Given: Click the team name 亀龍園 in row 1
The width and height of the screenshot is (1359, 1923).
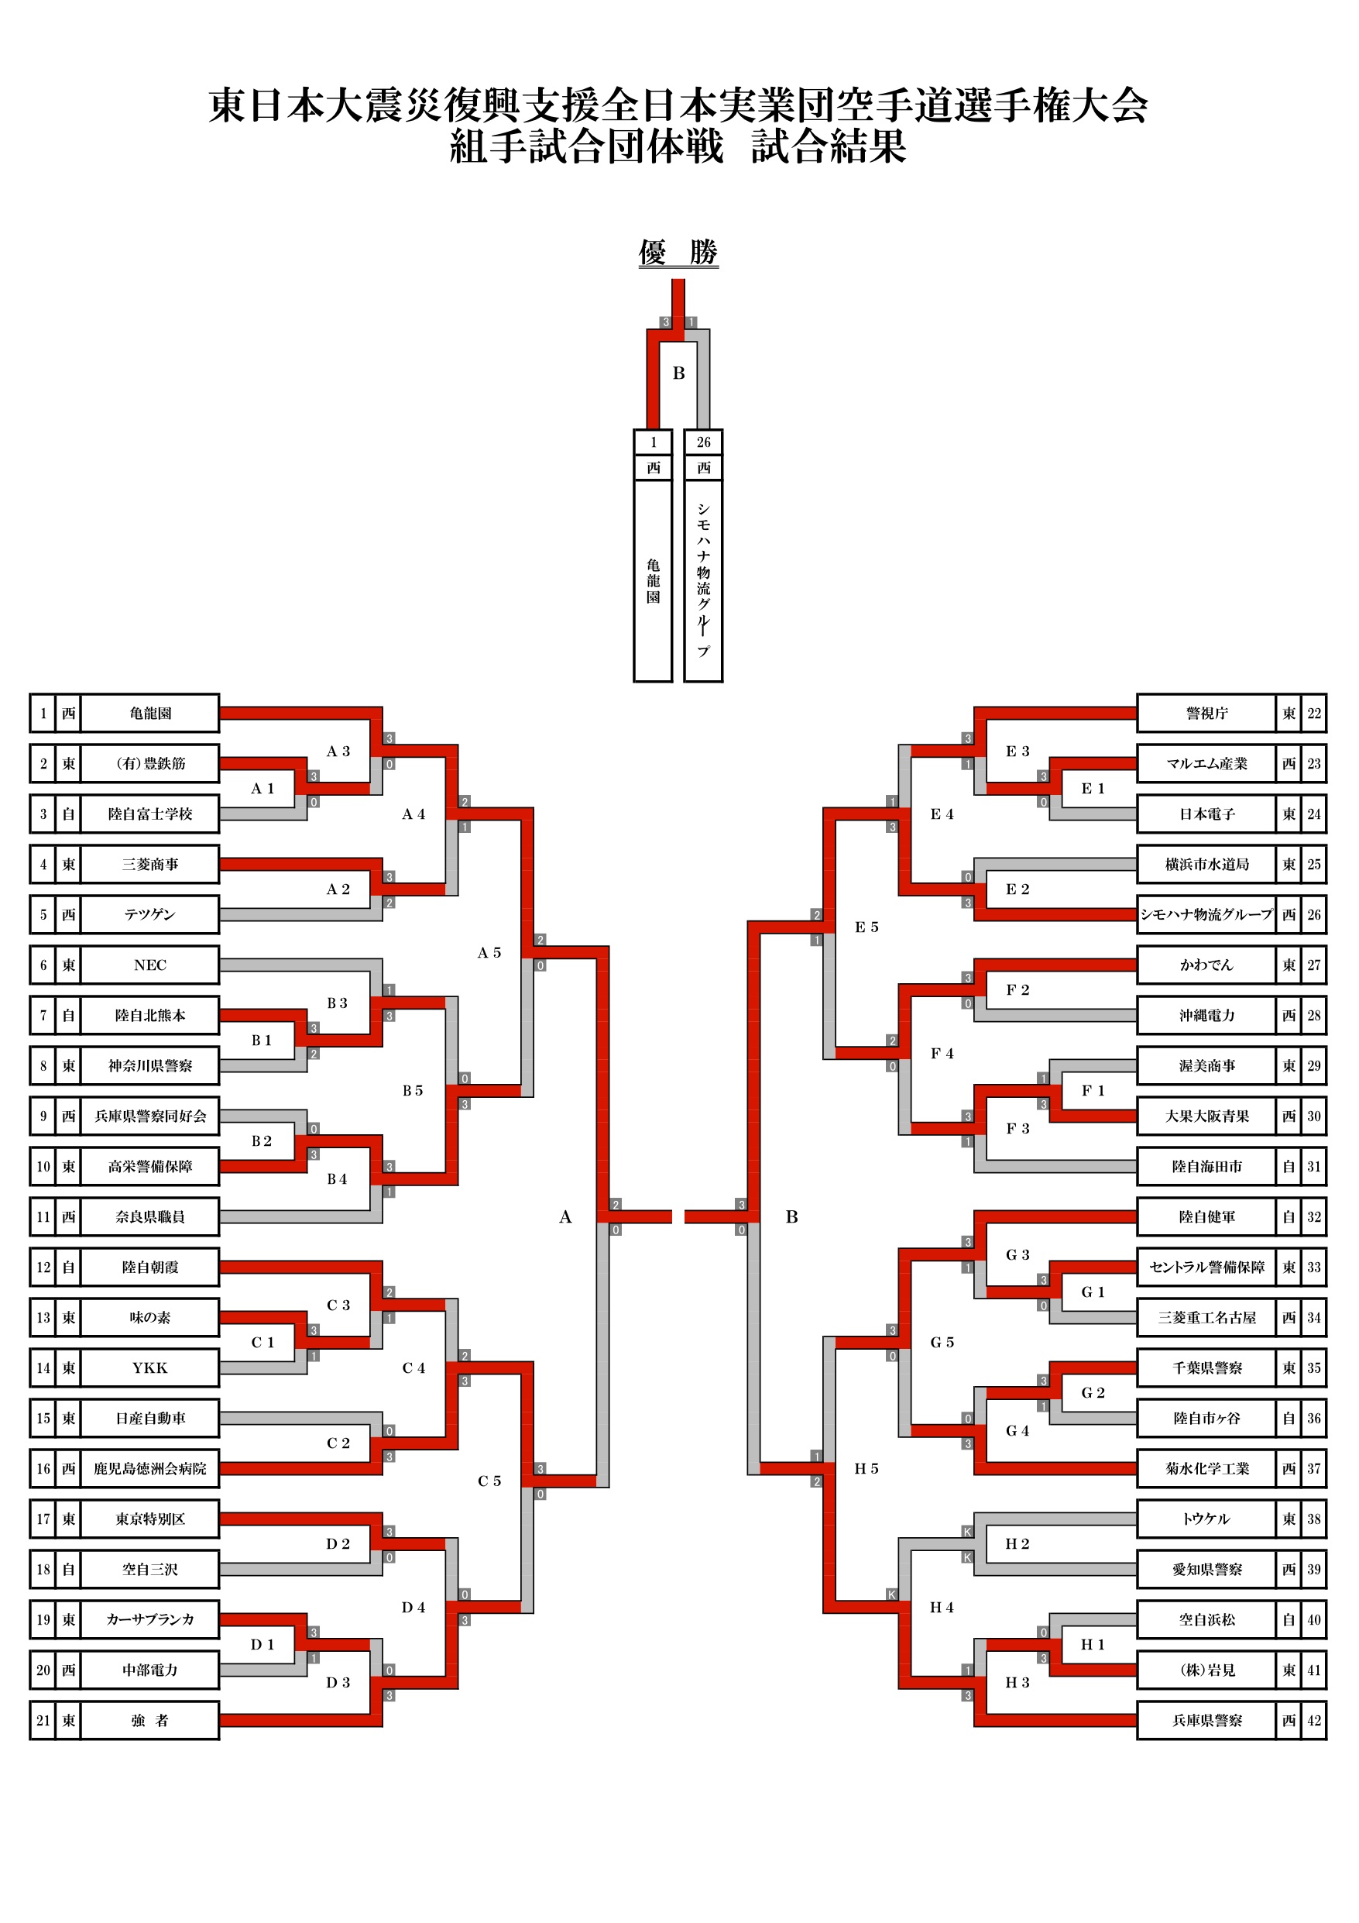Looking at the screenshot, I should [x=150, y=713].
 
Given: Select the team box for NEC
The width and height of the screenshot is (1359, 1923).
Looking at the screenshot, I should [x=150, y=965].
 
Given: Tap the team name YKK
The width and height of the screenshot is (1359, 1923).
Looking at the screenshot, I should [x=150, y=1367].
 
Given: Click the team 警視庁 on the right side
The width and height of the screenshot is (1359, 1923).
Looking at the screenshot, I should [x=1206, y=713].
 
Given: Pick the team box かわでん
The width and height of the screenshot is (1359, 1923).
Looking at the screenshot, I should [x=1206, y=965].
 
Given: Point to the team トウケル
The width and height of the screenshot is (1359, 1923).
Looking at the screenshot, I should [x=1206, y=1519].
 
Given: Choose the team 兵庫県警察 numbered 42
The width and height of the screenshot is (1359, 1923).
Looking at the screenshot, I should [x=1206, y=1720].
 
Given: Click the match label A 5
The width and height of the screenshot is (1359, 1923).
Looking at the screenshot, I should [x=489, y=952].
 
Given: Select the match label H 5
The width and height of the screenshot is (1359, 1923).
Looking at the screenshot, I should [x=867, y=1468].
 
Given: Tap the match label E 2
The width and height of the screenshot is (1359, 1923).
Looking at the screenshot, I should [x=1018, y=889].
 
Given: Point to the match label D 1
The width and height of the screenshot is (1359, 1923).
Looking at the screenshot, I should [x=262, y=1644].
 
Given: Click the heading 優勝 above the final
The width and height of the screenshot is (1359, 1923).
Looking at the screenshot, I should [x=678, y=251].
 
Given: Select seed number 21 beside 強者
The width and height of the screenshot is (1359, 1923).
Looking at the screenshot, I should [x=43, y=1720].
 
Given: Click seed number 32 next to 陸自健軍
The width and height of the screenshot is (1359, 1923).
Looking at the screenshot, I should [x=1314, y=1216].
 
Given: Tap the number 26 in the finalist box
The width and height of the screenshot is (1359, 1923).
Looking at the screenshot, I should [x=703, y=442].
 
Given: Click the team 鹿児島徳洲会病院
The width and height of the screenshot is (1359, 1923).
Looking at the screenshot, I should [x=150, y=1468].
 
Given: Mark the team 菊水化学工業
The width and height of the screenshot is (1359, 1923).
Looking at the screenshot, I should [x=1206, y=1468].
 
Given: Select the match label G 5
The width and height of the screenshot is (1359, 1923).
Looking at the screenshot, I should [x=942, y=1342].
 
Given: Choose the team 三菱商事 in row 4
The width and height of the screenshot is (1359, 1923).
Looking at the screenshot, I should [x=150, y=864].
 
